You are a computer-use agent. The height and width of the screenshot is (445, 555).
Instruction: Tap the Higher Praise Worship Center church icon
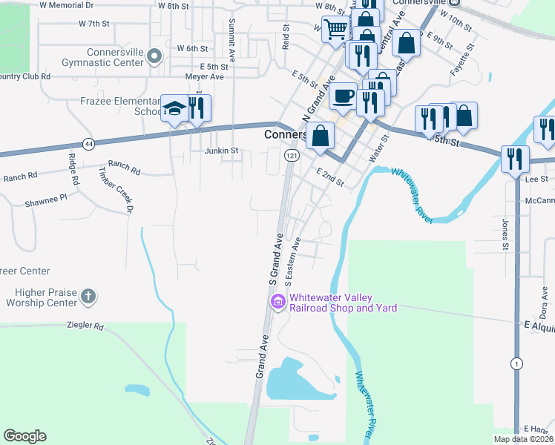tap(88, 297)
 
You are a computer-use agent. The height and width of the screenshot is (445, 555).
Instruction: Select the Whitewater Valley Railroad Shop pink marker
tap(278, 302)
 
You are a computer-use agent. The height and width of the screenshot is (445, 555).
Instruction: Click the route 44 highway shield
tap(89, 143)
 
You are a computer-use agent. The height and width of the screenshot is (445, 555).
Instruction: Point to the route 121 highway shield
tap(292, 155)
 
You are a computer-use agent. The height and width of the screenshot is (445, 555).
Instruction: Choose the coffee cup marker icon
tap(344, 96)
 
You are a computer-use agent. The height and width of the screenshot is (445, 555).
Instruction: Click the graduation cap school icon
tap(174, 109)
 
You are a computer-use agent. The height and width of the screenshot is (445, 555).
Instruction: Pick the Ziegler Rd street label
tap(84, 325)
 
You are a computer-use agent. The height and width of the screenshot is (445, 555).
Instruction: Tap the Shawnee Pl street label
tap(45, 198)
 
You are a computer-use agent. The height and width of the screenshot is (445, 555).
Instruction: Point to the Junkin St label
tap(221, 151)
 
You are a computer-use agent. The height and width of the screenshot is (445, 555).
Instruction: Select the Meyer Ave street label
tap(205, 76)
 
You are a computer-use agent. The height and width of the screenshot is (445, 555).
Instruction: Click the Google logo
tap(24, 436)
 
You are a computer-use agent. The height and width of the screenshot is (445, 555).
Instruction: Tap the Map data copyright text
tap(523, 439)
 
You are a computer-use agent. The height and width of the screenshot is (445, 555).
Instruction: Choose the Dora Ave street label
tap(544, 300)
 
